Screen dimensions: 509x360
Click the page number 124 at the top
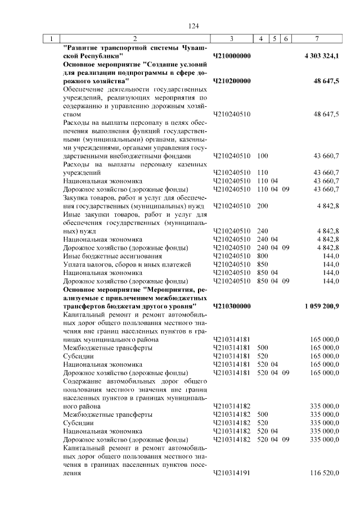coord(194,26)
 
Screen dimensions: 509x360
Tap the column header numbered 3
coord(232,39)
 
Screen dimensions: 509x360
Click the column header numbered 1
coord(51,39)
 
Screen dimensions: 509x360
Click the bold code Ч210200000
coord(232,82)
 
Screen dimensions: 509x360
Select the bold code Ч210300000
coord(232,305)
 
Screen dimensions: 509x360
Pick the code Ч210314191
coord(232,474)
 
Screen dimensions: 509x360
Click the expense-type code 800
coord(262,256)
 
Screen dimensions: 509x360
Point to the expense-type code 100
coord(262,156)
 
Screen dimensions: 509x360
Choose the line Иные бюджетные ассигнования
coord(105,256)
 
